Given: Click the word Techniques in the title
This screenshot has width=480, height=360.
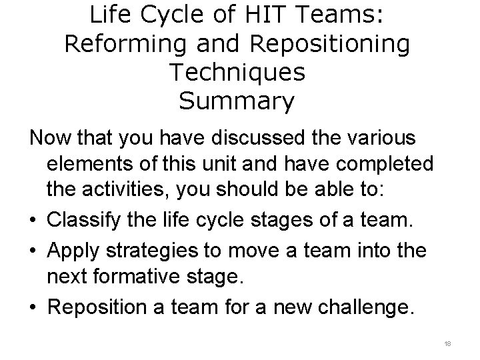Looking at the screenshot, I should tap(237, 73).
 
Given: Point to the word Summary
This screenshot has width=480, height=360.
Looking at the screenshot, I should tap(237, 101).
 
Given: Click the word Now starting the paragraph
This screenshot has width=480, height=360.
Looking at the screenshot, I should tap(51, 139).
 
